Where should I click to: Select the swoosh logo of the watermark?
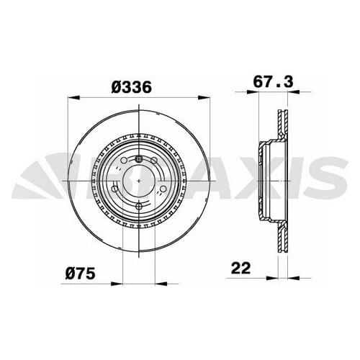36,180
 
